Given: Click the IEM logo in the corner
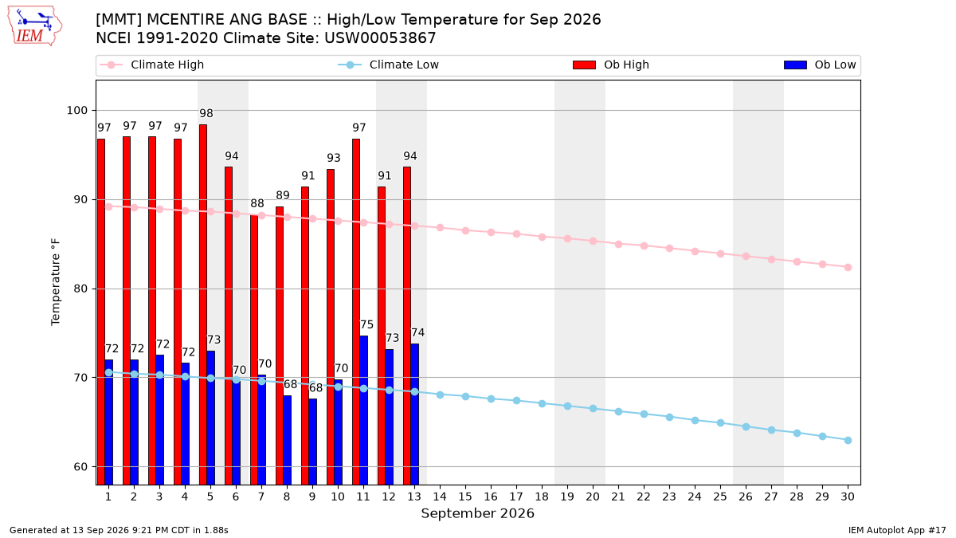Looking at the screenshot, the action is [x=35, y=26].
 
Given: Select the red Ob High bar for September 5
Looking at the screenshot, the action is [x=203, y=304].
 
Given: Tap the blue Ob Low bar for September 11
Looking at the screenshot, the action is [x=363, y=410].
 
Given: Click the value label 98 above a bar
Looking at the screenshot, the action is [x=206, y=113].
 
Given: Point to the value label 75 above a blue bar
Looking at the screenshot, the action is [x=366, y=324].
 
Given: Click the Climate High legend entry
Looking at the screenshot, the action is [x=151, y=65].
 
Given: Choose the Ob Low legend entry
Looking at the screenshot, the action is [x=820, y=65].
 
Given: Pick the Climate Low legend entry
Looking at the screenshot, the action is [x=388, y=65].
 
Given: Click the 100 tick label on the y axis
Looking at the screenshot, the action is [x=76, y=111].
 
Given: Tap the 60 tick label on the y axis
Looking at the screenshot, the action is [x=80, y=467].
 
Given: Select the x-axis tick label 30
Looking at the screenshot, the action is [x=848, y=497].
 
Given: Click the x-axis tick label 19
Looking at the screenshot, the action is [x=567, y=497].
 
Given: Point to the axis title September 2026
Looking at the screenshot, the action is [x=477, y=513].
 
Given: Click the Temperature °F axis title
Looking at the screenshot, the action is [x=56, y=282].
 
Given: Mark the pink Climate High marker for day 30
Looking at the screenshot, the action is [x=848, y=267].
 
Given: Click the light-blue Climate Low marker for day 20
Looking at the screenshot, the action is [x=593, y=409].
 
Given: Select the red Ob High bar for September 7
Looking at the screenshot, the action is [x=254, y=350].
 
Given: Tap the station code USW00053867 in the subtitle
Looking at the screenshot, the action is [x=380, y=38].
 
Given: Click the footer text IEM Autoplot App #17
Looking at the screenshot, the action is [x=897, y=530].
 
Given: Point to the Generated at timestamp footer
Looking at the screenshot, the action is [x=119, y=530].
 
